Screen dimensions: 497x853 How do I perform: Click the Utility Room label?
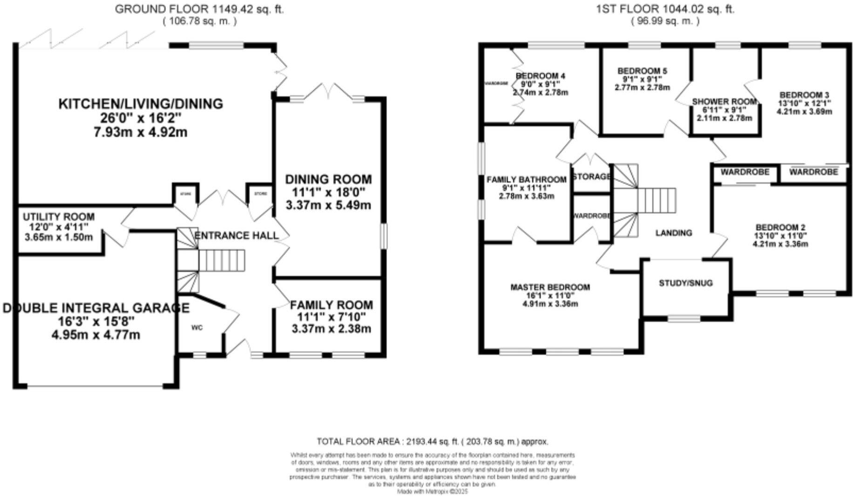click(59, 217)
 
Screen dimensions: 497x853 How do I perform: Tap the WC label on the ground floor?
click(197, 328)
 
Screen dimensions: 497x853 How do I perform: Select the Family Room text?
click(331, 305)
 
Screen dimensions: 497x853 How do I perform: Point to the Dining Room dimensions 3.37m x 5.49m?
click(328, 205)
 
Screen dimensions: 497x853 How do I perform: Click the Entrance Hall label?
click(236, 236)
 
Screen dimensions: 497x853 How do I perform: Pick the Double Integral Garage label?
click(96, 308)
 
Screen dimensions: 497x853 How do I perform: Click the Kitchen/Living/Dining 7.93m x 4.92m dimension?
click(141, 132)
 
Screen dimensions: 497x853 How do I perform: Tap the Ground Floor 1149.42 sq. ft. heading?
click(199, 9)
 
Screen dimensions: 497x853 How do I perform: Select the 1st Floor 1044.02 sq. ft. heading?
click(665, 9)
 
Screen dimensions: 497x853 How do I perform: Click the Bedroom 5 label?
click(642, 71)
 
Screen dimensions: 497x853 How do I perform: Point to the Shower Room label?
click(724, 102)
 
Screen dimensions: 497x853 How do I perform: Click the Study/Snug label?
click(685, 283)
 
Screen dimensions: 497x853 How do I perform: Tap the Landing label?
click(674, 233)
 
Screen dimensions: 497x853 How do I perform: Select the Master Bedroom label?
click(550, 287)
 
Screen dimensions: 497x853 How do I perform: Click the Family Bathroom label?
click(526, 180)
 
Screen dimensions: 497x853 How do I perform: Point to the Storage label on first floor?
click(591, 177)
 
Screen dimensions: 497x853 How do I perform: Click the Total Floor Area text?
click(432, 441)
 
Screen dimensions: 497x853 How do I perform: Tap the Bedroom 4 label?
click(540, 76)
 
